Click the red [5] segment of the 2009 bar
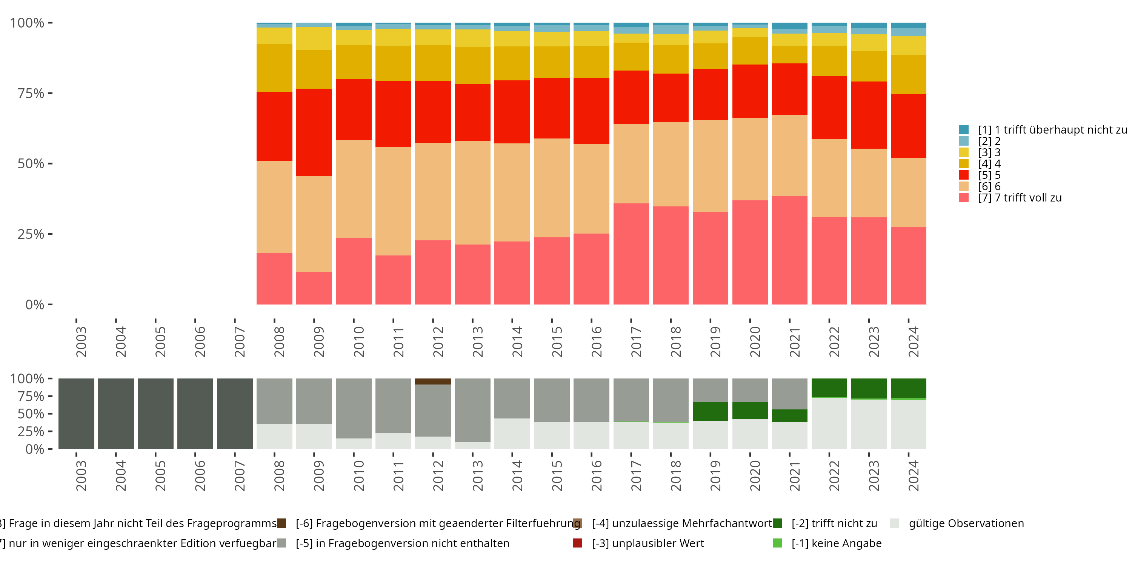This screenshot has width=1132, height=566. pyautogui.click(x=314, y=132)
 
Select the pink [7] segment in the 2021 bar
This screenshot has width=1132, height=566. pyautogui.click(x=789, y=250)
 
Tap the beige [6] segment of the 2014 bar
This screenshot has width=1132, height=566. pyautogui.click(x=512, y=192)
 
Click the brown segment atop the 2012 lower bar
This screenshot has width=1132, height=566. pyautogui.click(x=433, y=381)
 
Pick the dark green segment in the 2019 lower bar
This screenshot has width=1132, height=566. pyautogui.click(x=710, y=411)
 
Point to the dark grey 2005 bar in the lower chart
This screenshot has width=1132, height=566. pyautogui.click(x=155, y=414)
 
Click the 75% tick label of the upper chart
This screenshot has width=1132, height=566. pyautogui.click(x=31, y=93)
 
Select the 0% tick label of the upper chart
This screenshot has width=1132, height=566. pyautogui.click(x=35, y=305)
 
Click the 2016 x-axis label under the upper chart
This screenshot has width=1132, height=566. pyautogui.click(x=596, y=341)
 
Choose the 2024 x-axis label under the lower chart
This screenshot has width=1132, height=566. pyautogui.click(x=913, y=475)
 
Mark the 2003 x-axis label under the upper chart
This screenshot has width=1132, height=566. pyautogui.click(x=81, y=341)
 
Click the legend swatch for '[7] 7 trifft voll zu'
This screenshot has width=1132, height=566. pyautogui.click(x=964, y=198)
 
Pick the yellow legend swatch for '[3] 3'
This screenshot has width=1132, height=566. pyautogui.click(x=964, y=152)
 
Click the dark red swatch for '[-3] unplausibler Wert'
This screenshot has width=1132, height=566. pyautogui.click(x=578, y=543)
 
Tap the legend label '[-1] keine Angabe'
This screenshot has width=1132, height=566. pyautogui.click(x=836, y=543)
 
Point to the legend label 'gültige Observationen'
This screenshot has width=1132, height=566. pyautogui.click(x=966, y=523)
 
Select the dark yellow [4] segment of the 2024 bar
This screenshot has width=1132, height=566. pyautogui.click(x=908, y=74)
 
